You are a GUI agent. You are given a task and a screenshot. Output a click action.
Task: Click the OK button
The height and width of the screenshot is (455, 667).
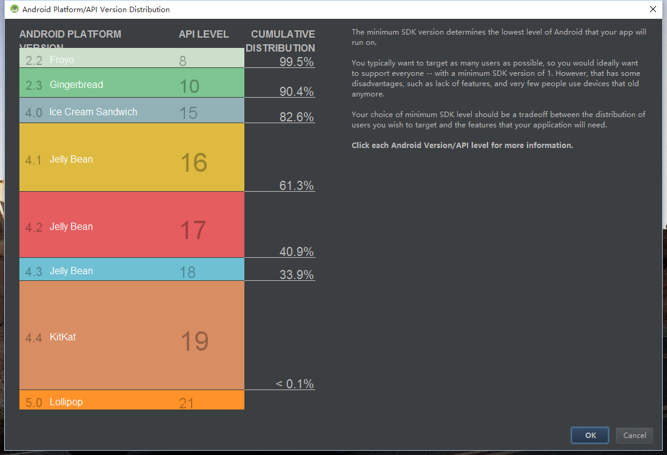(x=591, y=435)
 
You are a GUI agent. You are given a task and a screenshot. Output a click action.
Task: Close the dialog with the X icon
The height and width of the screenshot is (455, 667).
(x=653, y=9)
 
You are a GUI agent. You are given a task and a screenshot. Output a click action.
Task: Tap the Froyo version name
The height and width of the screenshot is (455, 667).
(x=62, y=60)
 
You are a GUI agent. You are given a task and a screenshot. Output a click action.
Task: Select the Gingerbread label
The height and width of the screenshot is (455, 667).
(x=76, y=85)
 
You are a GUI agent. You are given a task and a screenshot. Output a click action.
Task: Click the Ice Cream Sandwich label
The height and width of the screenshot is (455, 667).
(x=93, y=112)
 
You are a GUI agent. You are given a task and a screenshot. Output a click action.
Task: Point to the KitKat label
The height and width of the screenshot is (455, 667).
(x=63, y=337)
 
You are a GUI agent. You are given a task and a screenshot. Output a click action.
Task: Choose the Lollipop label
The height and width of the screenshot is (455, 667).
(x=66, y=402)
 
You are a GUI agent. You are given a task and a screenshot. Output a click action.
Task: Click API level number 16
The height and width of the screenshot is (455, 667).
(x=194, y=163)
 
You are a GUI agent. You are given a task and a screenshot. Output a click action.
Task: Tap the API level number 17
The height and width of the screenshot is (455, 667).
(x=193, y=231)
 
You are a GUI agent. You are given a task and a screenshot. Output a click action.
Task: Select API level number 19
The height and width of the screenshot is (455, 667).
(x=195, y=342)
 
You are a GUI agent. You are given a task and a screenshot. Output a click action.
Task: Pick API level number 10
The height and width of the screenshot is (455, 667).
(x=189, y=86)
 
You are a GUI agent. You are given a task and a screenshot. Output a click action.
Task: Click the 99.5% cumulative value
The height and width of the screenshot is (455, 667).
(x=297, y=61)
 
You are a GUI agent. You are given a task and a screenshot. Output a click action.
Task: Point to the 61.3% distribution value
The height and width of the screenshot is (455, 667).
(x=297, y=186)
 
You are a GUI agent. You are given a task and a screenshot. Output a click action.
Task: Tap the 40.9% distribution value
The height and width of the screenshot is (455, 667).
(x=297, y=252)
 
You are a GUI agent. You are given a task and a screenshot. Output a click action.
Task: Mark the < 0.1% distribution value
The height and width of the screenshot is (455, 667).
(x=295, y=383)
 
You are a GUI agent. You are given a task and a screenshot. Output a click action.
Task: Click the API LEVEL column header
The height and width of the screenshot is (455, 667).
(x=204, y=34)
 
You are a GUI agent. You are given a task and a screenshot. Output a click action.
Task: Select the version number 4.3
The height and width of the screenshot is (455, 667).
(x=33, y=271)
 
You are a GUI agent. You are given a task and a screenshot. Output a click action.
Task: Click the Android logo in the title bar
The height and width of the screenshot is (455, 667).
(x=15, y=9)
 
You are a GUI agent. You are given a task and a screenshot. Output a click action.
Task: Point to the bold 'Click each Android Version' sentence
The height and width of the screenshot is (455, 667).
(x=462, y=146)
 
